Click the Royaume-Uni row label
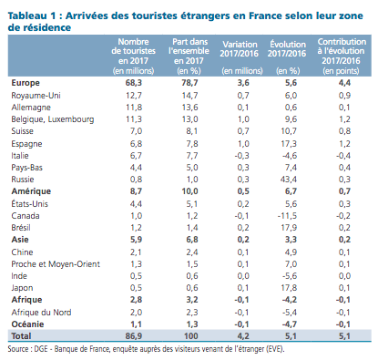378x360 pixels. tap(36, 96)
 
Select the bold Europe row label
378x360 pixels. tap(26, 83)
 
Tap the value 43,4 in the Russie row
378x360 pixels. tap(289, 180)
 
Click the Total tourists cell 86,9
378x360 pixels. tap(134, 336)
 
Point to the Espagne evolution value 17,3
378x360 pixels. tap(289, 143)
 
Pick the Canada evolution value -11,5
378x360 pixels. tap(287, 216)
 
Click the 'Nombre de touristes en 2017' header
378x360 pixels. tap(133, 57)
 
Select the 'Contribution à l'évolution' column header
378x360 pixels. tap(341, 57)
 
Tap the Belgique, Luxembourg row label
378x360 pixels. tap(53, 119)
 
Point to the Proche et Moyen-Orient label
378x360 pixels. tap(56, 264)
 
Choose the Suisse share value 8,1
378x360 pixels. tap(192, 131)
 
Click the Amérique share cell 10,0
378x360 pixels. tap(189, 191)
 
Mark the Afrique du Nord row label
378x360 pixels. tap(41, 313)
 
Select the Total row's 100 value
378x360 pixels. tap(191, 336)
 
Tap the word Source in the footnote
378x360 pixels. tap(18, 349)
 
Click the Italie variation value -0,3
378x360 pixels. tap(241, 156)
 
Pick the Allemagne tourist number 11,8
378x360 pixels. tap(134, 108)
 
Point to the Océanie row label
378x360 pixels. tap(27, 324)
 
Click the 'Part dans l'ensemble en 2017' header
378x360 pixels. tap(189, 57)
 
